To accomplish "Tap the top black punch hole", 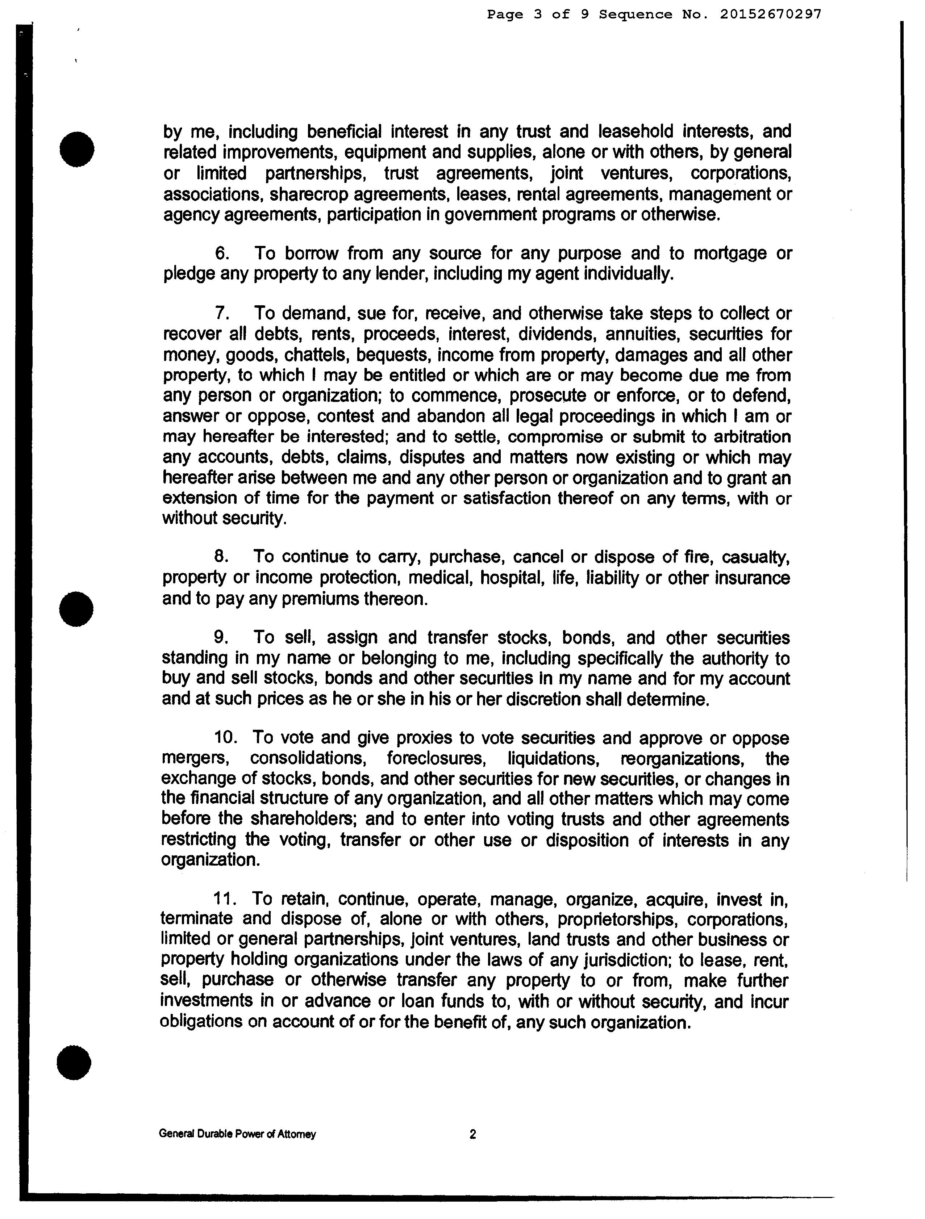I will click(77, 148).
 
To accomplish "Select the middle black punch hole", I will click(76, 608).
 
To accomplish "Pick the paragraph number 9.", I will click(221, 638).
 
